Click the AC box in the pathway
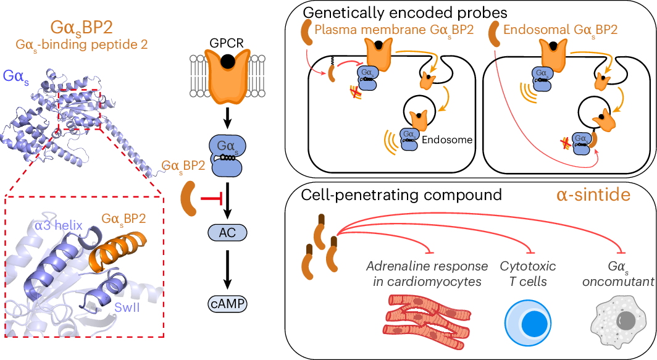[x=227, y=232]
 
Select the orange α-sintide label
[x=593, y=195]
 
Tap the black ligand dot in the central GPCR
[x=227, y=61]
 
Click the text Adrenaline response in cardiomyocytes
[x=425, y=274]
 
